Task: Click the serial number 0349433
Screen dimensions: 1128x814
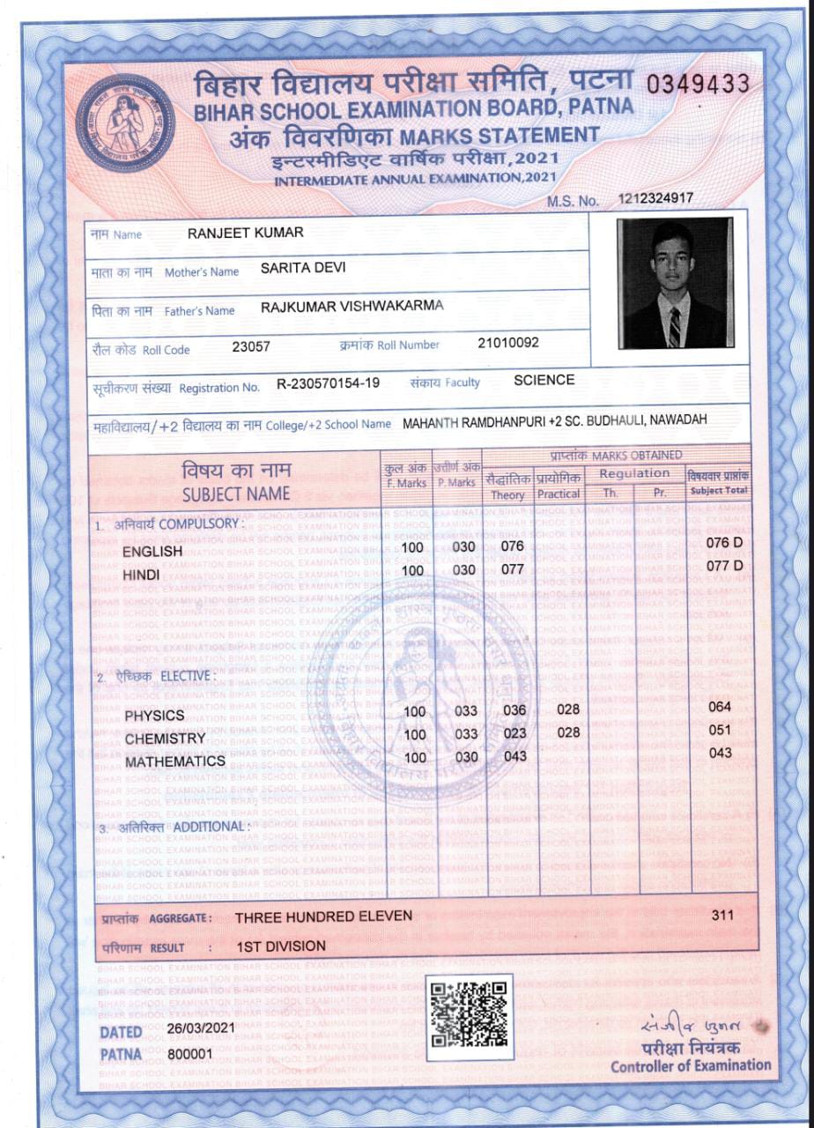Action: [x=698, y=85]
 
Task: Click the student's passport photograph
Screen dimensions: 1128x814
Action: [x=675, y=282]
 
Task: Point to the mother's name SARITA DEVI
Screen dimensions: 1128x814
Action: [x=303, y=270]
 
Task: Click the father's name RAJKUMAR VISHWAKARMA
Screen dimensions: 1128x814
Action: [x=352, y=307]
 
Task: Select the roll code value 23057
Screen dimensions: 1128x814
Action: [x=251, y=346]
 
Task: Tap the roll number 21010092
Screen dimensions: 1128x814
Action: [x=508, y=343]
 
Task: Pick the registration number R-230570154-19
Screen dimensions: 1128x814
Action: [x=329, y=383]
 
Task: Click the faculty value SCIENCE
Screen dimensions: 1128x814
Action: [x=544, y=380]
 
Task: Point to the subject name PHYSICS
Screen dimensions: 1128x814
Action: [x=154, y=715]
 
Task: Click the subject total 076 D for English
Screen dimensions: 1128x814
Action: [x=725, y=543]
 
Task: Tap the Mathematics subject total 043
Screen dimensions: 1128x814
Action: [x=721, y=753]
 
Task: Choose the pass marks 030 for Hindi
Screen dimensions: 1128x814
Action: [x=464, y=569]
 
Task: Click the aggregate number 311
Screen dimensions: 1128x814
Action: [x=722, y=916]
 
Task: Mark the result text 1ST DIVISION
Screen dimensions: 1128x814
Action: [x=281, y=946]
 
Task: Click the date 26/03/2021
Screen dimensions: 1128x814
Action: [x=201, y=1028]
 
